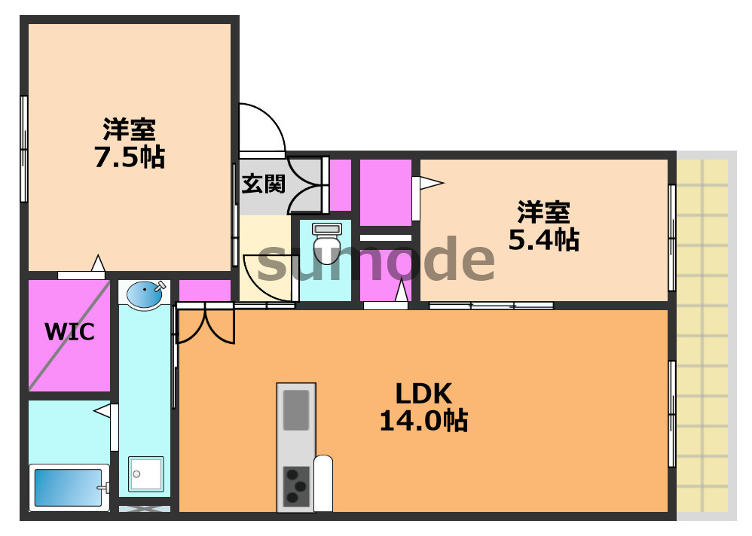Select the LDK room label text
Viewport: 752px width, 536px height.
click(x=423, y=393)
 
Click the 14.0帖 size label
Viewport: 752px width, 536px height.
click(x=423, y=421)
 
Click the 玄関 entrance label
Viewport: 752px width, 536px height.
click(x=263, y=183)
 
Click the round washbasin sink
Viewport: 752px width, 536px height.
click(x=144, y=294)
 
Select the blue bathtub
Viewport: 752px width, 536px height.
click(x=66, y=488)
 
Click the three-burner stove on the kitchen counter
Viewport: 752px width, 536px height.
click(x=295, y=486)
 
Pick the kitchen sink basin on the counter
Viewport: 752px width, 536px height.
click(x=296, y=410)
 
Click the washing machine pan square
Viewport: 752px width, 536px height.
click(x=145, y=474)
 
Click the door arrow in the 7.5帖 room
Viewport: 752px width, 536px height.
click(x=97, y=263)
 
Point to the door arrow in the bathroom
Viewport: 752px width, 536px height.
click(x=102, y=410)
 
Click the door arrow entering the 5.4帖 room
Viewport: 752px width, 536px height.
click(x=430, y=182)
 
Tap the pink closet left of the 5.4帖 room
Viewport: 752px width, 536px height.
click(x=385, y=192)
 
